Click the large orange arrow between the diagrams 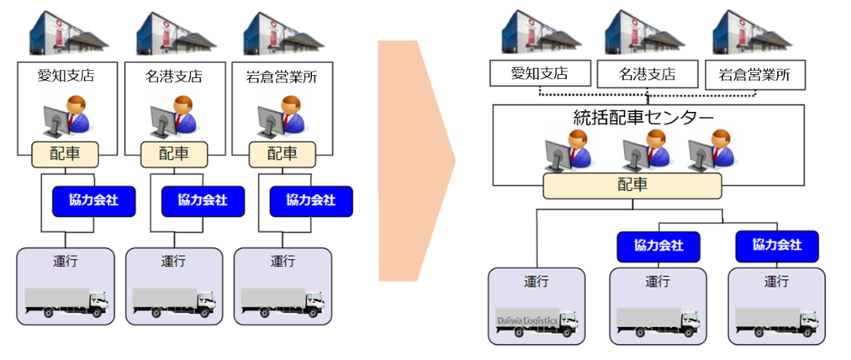click(415, 160)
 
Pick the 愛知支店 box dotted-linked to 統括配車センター click(539, 74)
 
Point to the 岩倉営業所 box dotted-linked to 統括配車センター click(754, 75)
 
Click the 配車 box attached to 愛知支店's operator click(66, 154)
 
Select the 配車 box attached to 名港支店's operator click(174, 154)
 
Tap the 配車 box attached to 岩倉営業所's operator click(283, 154)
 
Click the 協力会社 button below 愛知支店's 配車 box click(94, 200)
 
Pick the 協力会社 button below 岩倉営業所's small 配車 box click(310, 201)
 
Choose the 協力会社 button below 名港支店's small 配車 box click(202, 200)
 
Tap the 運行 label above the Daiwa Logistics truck click(536, 281)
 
